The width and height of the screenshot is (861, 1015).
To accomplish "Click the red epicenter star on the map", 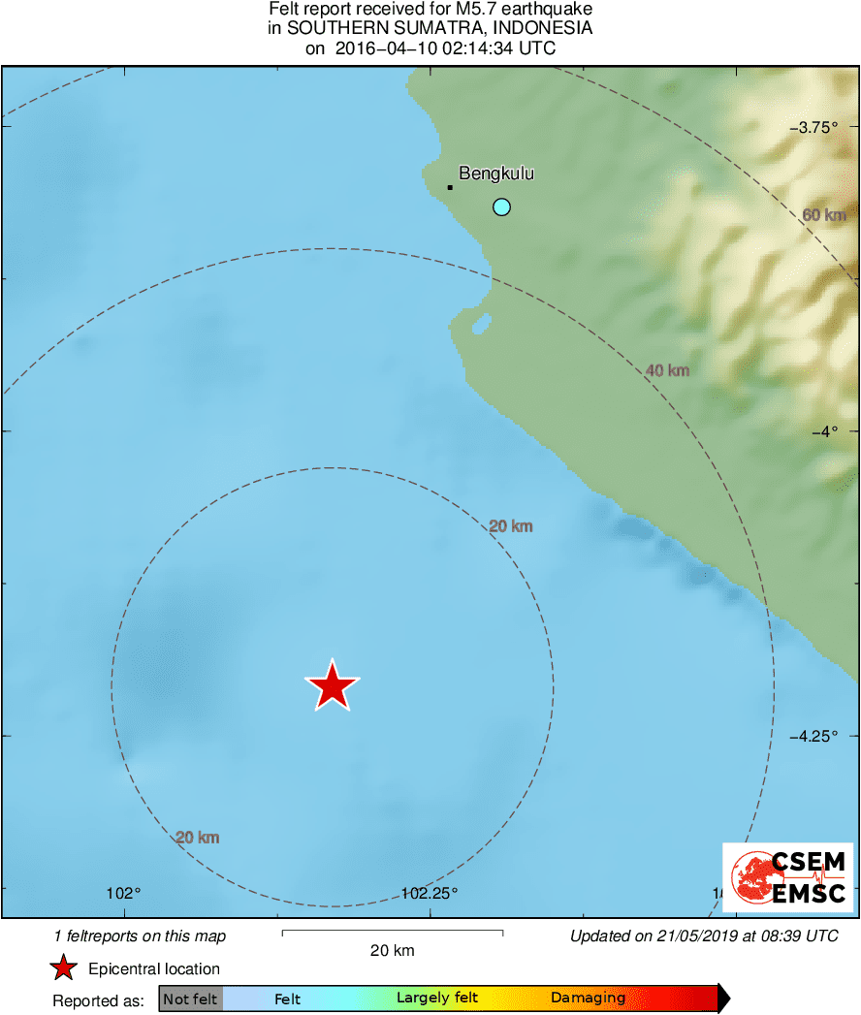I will pyautogui.click(x=333, y=686).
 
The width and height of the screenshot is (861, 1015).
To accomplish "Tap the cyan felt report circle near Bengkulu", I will pyautogui.click(x=501, y=206).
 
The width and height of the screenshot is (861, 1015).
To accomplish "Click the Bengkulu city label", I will pyautogui.click(x=496, y=174).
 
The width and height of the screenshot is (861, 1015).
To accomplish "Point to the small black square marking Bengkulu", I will pyautogui.click(x=450, y=187).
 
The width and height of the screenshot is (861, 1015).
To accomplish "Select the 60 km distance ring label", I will pyautogui.click(x=824, y=215).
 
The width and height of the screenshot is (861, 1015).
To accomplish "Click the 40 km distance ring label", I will pyautogui.click(x=667, y=370).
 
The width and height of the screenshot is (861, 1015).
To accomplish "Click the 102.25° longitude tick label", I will pyautogui.click(x=429, y=893).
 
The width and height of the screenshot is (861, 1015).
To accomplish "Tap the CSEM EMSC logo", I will pyautogui.click(x=788, y=877).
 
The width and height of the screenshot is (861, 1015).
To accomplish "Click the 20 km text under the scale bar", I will pyautogui.click(x=393, y=950).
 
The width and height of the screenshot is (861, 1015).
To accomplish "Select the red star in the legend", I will pyautogui.click(x=64, y=968).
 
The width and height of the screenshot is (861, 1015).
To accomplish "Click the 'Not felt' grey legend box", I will pyautogui.click(x=190, y=999).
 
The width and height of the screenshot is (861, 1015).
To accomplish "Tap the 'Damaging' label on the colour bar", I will pyautogui.click(x=589, y=998).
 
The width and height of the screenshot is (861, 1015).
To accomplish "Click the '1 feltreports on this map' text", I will pyautogui.click(x=140, y=936).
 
